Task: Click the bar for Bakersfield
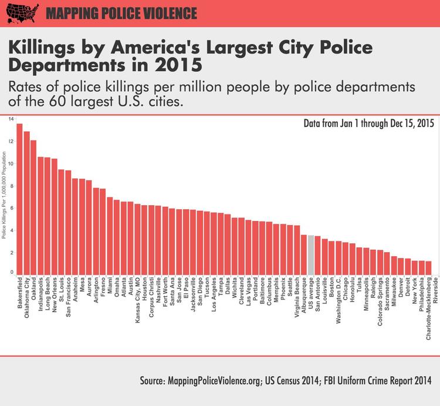click(x=19, y=199)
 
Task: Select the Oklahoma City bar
click(x=26, y=203)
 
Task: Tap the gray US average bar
click(x=311, y=255)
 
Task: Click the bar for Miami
click(x=110, y=236)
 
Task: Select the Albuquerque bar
click(x=304, y=254)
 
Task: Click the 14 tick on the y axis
click(x=10, y=119)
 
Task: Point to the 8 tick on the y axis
click(x=10, y=186)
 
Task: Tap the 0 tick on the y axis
click(x=10, y=273)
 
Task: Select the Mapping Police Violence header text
click(x=121, y=13)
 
